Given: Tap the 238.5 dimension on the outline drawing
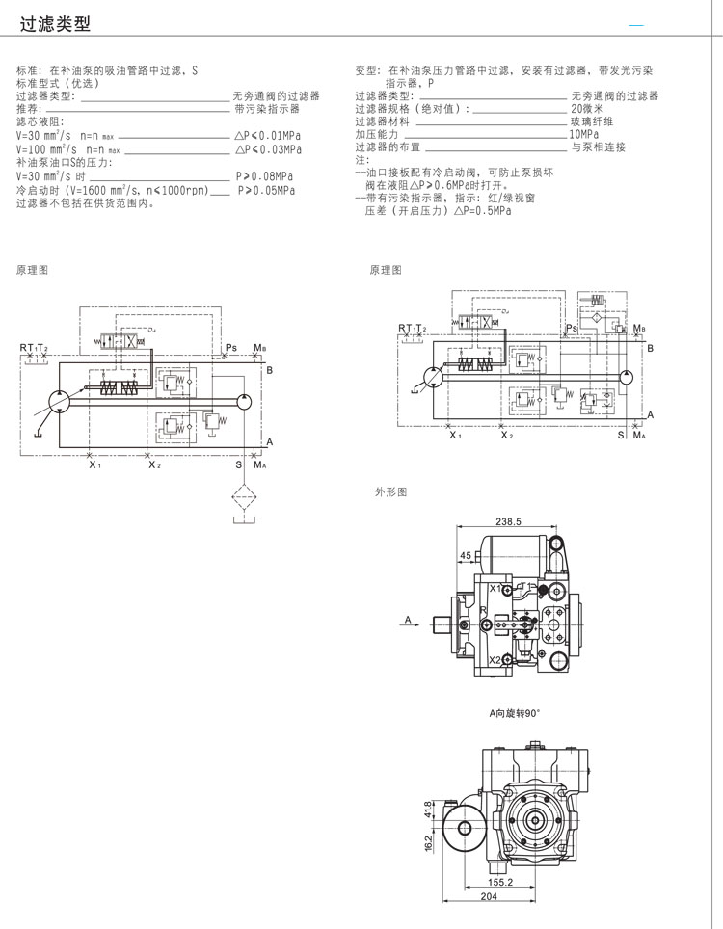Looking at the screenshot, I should click(x=508, y=521).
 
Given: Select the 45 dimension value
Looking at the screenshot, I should click(x=466, y=556).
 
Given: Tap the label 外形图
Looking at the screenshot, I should click(x=391, y=492).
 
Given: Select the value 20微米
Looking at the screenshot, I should click(x=587, y=109).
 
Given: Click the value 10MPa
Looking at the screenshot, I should click(x=584, y=134).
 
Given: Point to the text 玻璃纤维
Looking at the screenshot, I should click(x=592, y=121).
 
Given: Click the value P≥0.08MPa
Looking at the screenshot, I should click(x=265, y=177).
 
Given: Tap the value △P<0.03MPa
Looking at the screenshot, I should click(x=268, y=149).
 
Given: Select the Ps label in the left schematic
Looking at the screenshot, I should click(x=230, y=347).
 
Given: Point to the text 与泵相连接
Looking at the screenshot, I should click(x=598, y=146).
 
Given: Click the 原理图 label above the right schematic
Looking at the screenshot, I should click(x=386, y=270).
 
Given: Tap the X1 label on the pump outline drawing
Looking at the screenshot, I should click(x=495, y=588).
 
